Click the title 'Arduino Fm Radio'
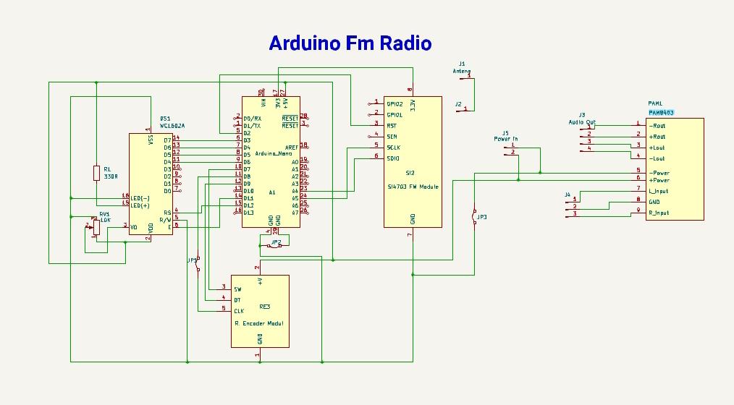(350, 43)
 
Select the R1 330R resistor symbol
(96, 172)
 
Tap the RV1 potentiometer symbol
(95, 227)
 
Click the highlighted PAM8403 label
(661, 113)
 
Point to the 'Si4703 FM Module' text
(413, 187)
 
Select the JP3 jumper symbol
(475, 217)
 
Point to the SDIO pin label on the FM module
(393, 158)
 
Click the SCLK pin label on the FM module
(394, 148)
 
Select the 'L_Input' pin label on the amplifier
(659, 192)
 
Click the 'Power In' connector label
(506, 138)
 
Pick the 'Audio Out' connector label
(581, 122)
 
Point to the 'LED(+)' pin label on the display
(140, 205)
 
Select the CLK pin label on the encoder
(238, 311)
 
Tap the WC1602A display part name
(167, 126)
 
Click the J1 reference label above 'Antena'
(462, 64)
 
